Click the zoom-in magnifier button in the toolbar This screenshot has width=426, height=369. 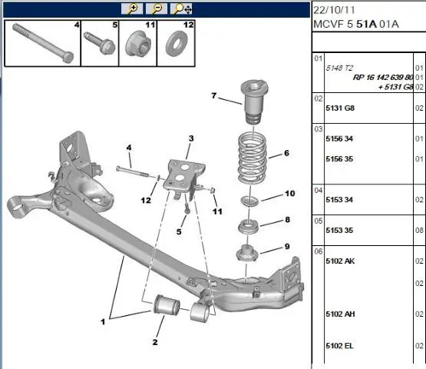pyautogui.click(x=132, y=8)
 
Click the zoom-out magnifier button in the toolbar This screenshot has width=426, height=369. pyautogui.click(x=157, y=8)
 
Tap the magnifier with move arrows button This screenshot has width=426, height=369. pyautogui.click(x=181, y=8)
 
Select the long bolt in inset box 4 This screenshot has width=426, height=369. pyautogui.click(x=43, y=43)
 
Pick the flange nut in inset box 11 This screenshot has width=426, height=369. pyautogui.click(x=137, y=44)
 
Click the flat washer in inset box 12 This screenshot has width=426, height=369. pyautogui.click(x=177, y=44)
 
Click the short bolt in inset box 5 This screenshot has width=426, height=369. pyautogui.click(x=100, y=43)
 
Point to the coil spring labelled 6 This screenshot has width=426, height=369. pyautogui.click(x=252, y=158)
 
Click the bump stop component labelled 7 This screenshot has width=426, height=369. pyautogui.click(x=255, y=102)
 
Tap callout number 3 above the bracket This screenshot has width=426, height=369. pyautogui.click(x=191, y=138)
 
